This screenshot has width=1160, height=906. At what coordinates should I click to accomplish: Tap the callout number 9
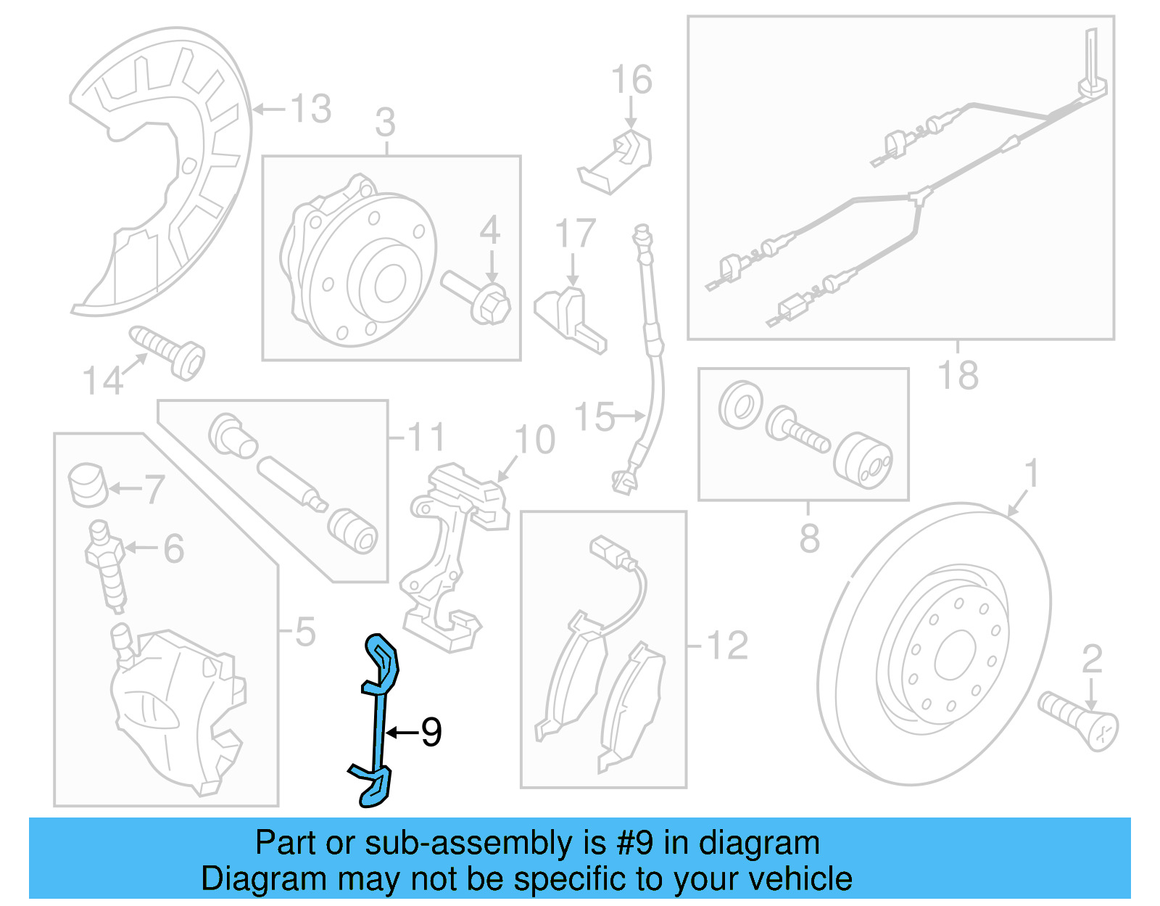[431, 733]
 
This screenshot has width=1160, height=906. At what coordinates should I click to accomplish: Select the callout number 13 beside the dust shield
[311, 109]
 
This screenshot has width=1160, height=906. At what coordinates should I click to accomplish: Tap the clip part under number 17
[569, 319]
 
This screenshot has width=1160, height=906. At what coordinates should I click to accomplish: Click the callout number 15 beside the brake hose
[594, 417]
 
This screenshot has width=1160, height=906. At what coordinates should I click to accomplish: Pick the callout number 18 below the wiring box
[958, 375]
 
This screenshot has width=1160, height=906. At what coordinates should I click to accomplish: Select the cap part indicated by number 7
[88, 485]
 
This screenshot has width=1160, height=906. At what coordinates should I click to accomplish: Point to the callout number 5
[305, 631]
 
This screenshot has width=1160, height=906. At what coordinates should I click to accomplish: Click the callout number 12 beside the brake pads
[727, 645]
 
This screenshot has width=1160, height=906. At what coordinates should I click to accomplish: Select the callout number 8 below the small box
[809, 538]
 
